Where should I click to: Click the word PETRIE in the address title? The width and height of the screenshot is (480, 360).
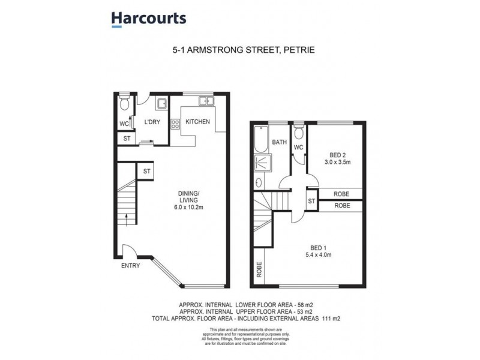click(x=297, y=52)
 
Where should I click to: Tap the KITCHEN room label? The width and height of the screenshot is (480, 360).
click(x=197, y=122)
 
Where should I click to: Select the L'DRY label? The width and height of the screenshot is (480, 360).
click(x=151, y=122)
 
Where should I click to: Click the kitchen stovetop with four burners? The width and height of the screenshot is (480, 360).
click(x=176, y=125)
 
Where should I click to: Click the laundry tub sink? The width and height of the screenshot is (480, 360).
click(x=162, y=104)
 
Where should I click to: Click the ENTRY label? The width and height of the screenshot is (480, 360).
click(x=131, y=265)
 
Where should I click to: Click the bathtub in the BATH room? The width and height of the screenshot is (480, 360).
click(x=260, y=139)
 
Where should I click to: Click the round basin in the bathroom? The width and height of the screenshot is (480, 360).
click(x=259, y=182)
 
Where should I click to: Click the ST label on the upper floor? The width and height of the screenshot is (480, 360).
click(x=312, y=200)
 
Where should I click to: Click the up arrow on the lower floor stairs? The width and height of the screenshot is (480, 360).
click(x=127, y=217)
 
